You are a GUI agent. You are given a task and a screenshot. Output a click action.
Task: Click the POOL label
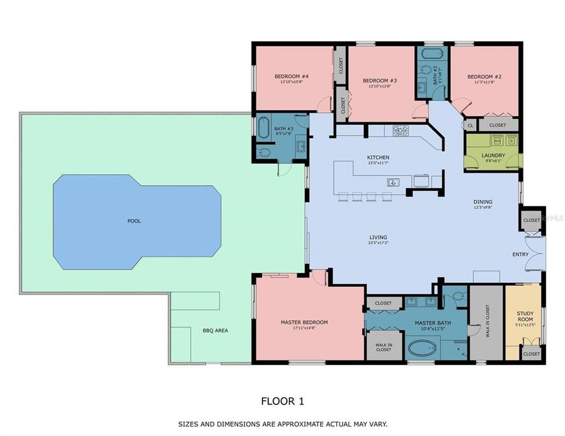click(x=134, y=221)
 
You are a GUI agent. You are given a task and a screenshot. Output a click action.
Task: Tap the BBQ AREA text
click(x=215, y=331)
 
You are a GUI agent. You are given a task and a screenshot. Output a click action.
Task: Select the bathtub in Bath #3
click(x=264, y=128)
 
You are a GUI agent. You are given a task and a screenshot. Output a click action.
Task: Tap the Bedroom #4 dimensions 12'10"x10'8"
click(x=292, y=82)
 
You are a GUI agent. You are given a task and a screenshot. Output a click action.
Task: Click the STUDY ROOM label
click(x=525, y=316)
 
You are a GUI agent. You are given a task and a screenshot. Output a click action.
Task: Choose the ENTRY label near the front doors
click(x=520, y=254)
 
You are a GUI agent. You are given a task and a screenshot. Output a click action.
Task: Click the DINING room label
click(x=483, y=202)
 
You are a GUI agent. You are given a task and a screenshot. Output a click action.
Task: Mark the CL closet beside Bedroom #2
click(x=470, y=125)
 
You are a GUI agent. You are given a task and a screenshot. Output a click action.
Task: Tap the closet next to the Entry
click(x=531, y=220)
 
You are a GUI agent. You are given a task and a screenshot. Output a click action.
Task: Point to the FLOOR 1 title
click(x=282, y=400)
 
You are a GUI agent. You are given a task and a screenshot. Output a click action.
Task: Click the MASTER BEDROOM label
click(x=304, y=322)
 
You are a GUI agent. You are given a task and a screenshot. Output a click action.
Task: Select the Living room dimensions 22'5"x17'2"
click(x=378, y=243)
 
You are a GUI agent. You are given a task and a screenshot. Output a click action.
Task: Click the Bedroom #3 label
click(x=379, y=81)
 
